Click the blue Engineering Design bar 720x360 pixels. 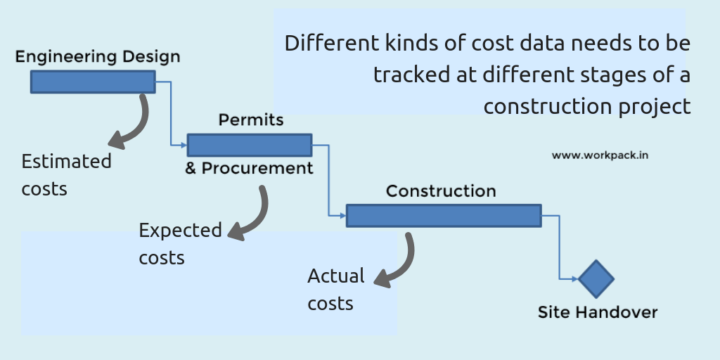pos(93,82)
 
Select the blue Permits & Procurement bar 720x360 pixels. pos(250,145)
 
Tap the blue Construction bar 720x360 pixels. pos(444,215)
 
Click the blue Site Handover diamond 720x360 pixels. pos(596,278)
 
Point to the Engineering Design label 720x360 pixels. pos(98,57)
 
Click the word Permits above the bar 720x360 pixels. pos(251,120)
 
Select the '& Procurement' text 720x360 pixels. pos(249,169)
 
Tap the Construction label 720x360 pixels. pos(441,191)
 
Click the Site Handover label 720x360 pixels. pos(598,313)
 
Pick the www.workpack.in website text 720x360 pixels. pos(600,155)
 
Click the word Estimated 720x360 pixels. pos(67,162)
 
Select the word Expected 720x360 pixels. pos(181,231)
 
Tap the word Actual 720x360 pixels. pos(336,276)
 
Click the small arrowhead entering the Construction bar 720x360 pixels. pos(342,215)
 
